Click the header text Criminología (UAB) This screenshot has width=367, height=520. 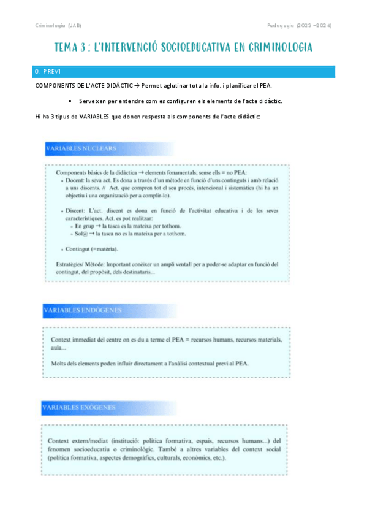pyautogui.click(x=58, y=25)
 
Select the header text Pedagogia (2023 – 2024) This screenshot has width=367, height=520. pyautogui.click(x=300, y=25)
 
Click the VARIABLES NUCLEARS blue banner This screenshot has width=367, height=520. pyautogui.click(x=81, y=148)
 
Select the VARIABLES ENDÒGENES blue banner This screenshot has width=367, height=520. pyautogui.click(x=83, y=311)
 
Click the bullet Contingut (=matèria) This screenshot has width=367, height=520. pyautogui.click(x=92, y=249)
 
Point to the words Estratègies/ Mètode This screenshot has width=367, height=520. pyautogui.click(x=72, y=265)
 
